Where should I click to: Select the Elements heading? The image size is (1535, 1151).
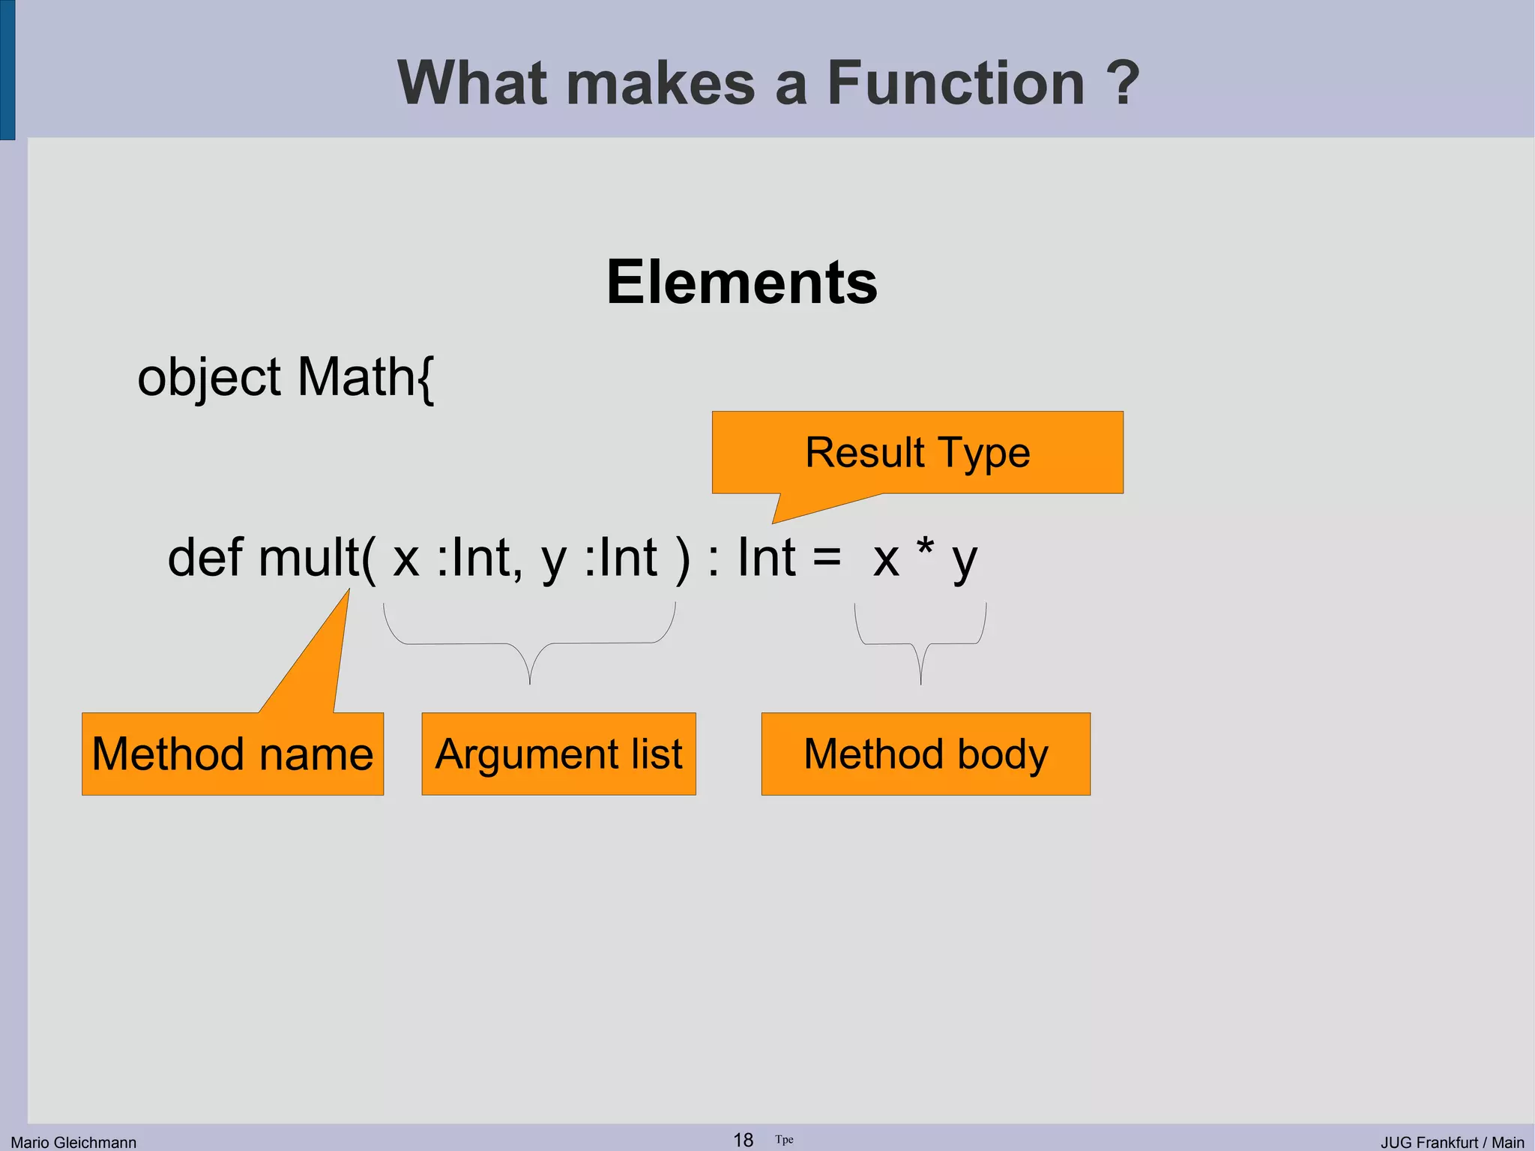tap(742, 282)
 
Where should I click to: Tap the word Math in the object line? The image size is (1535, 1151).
tap(355, 376)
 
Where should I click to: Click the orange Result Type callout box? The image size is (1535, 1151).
tap(917, 453)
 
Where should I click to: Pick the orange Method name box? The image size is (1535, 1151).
tap(232, 754)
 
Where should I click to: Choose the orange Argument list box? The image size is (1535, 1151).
tap(558, 754)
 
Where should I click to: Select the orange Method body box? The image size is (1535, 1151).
tap(926, 754)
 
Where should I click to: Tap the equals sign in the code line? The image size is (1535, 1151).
tap(827, 559)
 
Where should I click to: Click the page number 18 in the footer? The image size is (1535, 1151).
tap(743, 1140)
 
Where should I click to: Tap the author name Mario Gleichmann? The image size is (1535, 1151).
tap(73, 1142)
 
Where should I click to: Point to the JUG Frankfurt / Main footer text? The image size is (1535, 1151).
tap(1452, 1142)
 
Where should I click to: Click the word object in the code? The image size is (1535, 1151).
tap(209, 378)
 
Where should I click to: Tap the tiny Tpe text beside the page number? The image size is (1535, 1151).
tap(784, 1140)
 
